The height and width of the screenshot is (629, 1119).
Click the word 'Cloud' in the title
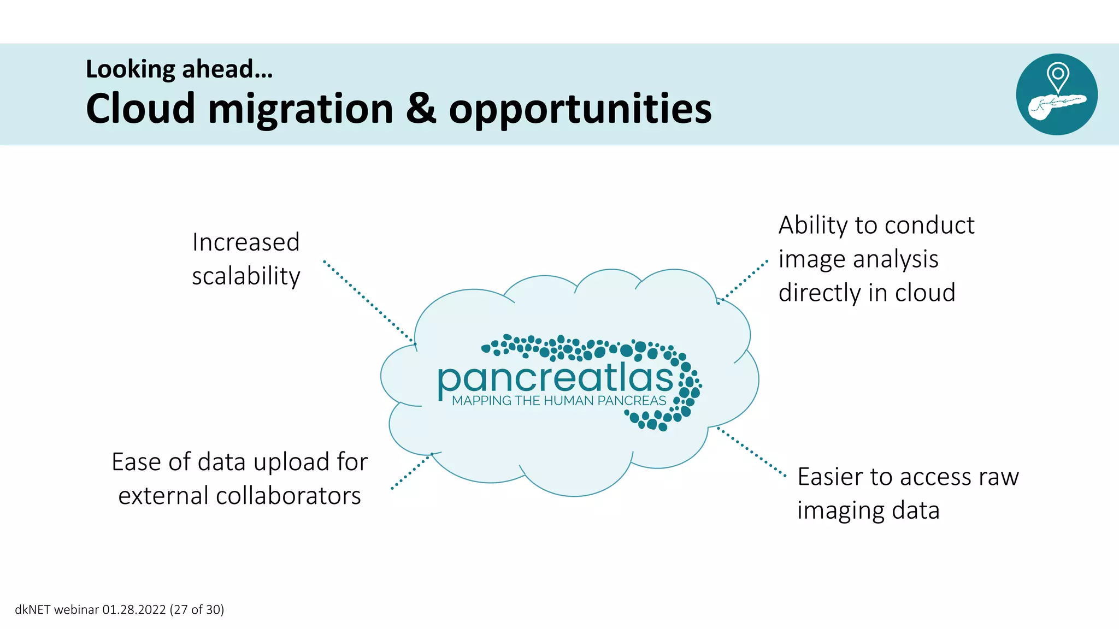click(140, 109)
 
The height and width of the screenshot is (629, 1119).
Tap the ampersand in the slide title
click(421, 109)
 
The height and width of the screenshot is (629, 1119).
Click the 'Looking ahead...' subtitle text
click(179, 70)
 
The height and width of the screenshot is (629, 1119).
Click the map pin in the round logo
click(1058, 76)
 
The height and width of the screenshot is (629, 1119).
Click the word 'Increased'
click(246, 242)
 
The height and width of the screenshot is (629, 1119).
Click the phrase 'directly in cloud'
click(867, 293)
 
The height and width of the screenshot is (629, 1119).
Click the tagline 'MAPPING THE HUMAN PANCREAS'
click(559, 401)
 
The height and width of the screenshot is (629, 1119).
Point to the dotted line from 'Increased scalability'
click(369, 302)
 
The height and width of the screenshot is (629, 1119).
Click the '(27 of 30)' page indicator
click(197, 610)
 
